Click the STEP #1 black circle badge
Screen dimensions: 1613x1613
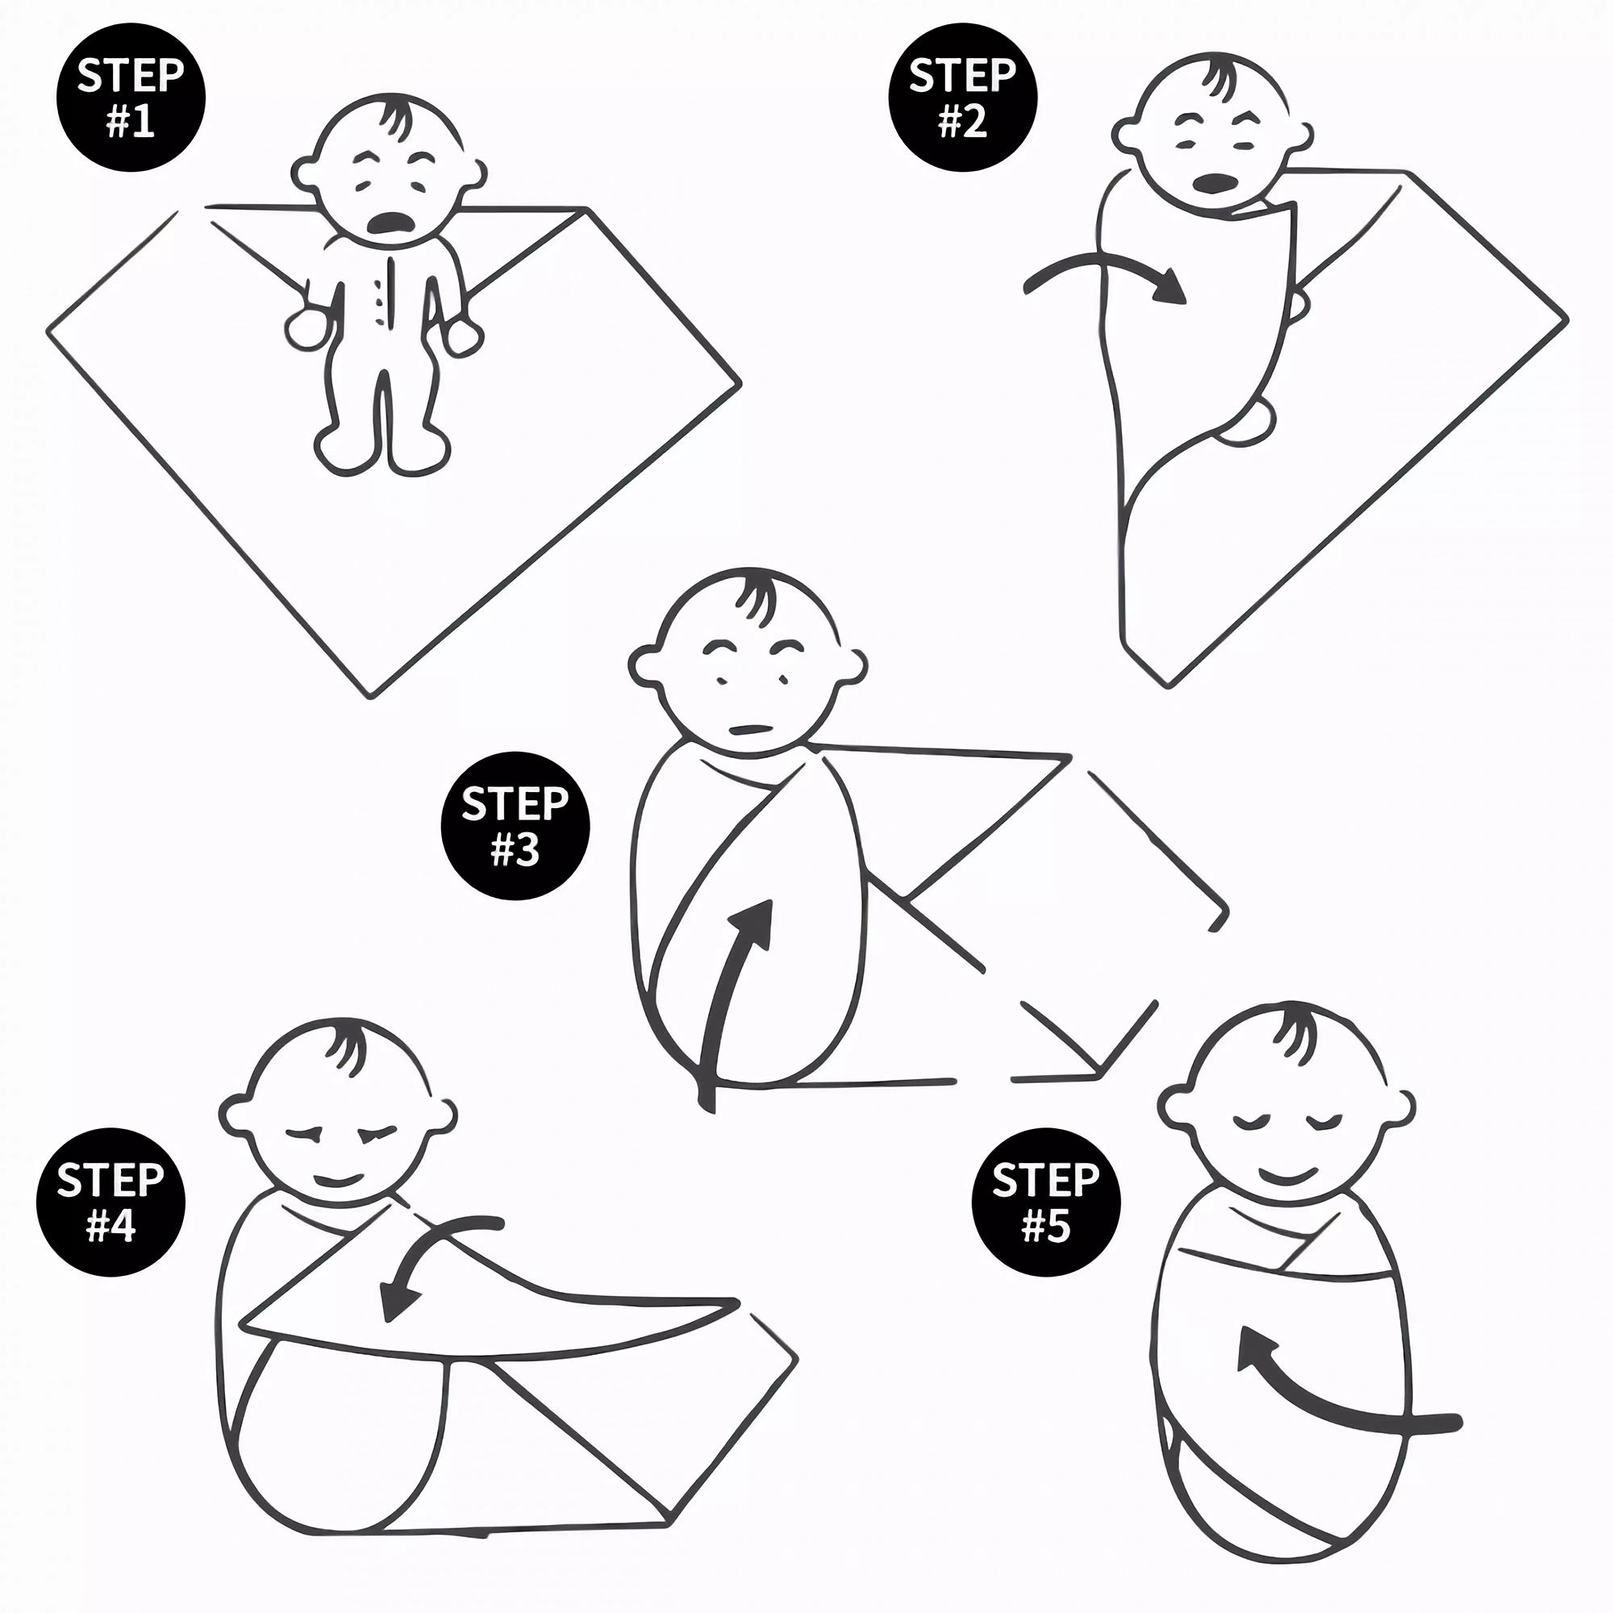tap(131, 98)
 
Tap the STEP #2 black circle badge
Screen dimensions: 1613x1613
tap(963, 98)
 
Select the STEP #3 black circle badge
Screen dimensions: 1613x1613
tap(515, 826)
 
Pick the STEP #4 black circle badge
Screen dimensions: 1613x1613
tap(110, 1203)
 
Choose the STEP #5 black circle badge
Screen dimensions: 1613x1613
tap(1046, 1203)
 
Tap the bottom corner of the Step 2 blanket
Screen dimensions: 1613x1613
tap(1169, 686)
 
